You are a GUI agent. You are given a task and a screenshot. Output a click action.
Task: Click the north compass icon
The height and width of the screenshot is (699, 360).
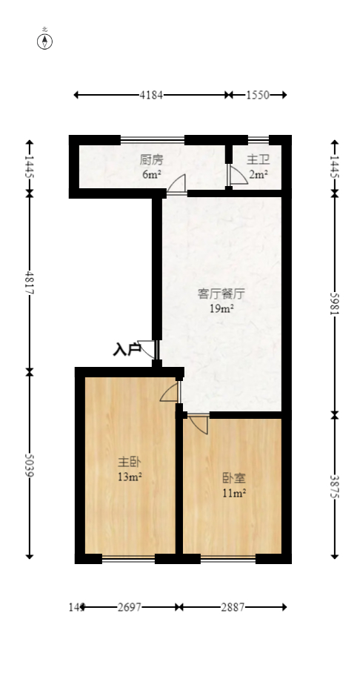coord(45,41)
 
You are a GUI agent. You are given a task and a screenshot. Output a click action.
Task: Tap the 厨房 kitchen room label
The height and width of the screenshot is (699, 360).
coord(151,159)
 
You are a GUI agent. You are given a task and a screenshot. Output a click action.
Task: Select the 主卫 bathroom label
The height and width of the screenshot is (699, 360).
coord(258,159)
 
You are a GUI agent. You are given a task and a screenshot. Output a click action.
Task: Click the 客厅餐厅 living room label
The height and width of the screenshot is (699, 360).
coord(221,293)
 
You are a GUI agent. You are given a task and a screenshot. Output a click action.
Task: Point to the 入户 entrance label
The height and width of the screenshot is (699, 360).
coord(127,349)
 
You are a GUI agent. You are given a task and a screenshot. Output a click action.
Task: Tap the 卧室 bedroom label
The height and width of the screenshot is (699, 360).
coord(233,477)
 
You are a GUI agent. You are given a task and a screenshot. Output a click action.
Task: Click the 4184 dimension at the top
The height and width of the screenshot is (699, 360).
coord(151,95)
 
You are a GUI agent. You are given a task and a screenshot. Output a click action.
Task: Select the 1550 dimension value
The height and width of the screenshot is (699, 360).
coord(257,95)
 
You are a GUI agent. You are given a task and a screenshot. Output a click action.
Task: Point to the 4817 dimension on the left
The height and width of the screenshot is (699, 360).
coord(30,282)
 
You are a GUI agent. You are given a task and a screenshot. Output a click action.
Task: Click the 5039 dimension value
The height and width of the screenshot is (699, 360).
coord(30,464)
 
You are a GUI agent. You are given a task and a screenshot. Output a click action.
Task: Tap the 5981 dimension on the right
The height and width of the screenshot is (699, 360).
coord(334,302)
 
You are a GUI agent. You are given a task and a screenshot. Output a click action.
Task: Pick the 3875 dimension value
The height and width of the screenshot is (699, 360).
coord(334,486)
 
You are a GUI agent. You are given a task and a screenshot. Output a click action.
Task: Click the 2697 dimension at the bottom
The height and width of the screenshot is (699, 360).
coord(130,607)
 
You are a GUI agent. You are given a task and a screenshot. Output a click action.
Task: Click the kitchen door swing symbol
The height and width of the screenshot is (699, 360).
coord(176,185)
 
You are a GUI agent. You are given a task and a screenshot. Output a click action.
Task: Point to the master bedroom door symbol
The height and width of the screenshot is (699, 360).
coord(170,392)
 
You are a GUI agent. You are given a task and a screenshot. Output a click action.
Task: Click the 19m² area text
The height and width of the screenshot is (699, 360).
coord(221,309)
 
